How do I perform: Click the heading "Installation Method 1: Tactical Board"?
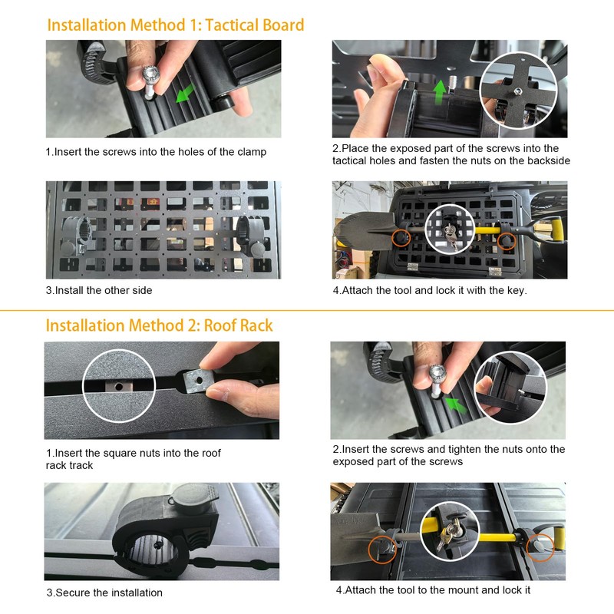point(176,25)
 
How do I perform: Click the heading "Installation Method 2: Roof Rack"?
point(159,325)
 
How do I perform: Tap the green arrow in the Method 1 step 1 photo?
point(185,94)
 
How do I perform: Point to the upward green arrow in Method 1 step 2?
point(440,92)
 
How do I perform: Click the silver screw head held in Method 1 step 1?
point(150,74)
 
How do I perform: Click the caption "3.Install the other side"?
point(99,291)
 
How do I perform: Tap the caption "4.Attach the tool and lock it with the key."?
point(430,291)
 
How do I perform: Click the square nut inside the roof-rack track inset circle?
point(119,387)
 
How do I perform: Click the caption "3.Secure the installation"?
point(104,593)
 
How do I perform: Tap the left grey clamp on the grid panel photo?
point(75,236)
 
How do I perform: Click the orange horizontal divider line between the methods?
point(307,311)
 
